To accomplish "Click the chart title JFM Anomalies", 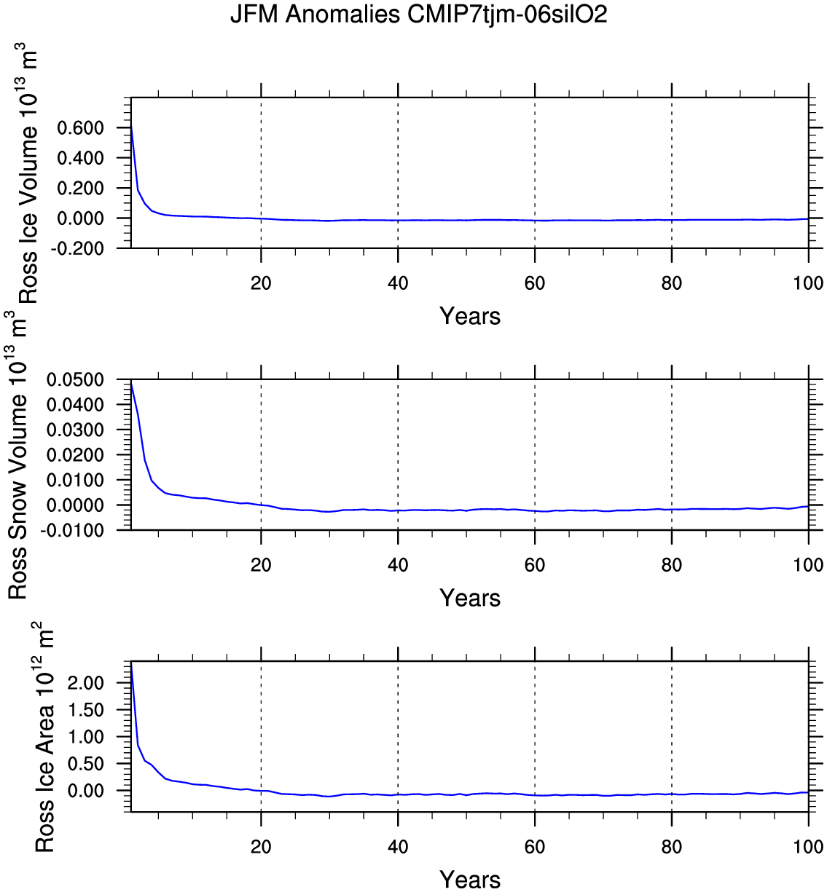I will (418, 15).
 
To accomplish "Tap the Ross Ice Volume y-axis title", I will (28, 175).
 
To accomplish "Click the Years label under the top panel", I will (470, 316).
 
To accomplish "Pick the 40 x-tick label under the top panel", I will (398, 283).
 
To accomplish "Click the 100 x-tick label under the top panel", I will (808, 283).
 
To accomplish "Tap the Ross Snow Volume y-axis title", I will (17, 455).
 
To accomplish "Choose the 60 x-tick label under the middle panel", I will (535, 565).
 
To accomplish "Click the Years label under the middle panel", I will (470, 598).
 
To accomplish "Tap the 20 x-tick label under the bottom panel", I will (261, 847).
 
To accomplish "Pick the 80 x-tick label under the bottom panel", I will (672, 847).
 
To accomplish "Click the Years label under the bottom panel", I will (470, 880).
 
